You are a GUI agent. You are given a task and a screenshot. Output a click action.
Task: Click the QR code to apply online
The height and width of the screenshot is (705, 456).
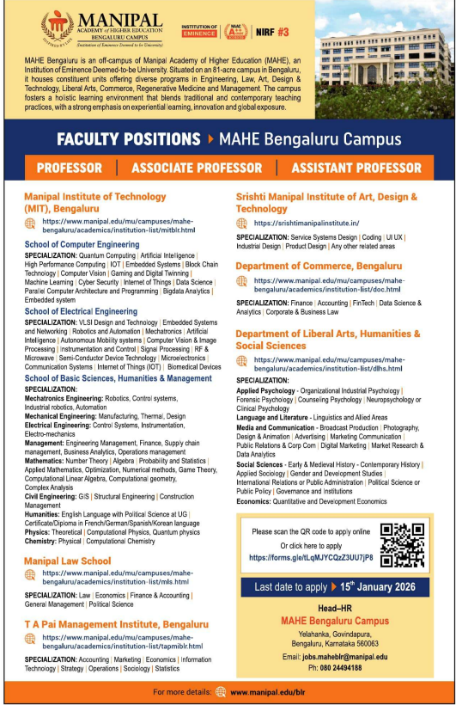click(x=403, y=544)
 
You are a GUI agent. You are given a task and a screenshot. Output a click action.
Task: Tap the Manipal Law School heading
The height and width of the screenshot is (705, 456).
click(x=67, y=561)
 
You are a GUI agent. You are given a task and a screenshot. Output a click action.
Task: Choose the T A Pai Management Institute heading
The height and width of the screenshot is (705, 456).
click(x=116, y=623)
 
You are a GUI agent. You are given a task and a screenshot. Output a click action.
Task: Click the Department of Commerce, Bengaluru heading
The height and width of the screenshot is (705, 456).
click(x=319, y=267)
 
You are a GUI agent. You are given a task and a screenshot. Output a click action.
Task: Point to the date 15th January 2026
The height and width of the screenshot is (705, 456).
click(x=379, y=588)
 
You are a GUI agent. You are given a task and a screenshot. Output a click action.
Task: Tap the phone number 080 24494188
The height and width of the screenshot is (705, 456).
click(x=346, y=667)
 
